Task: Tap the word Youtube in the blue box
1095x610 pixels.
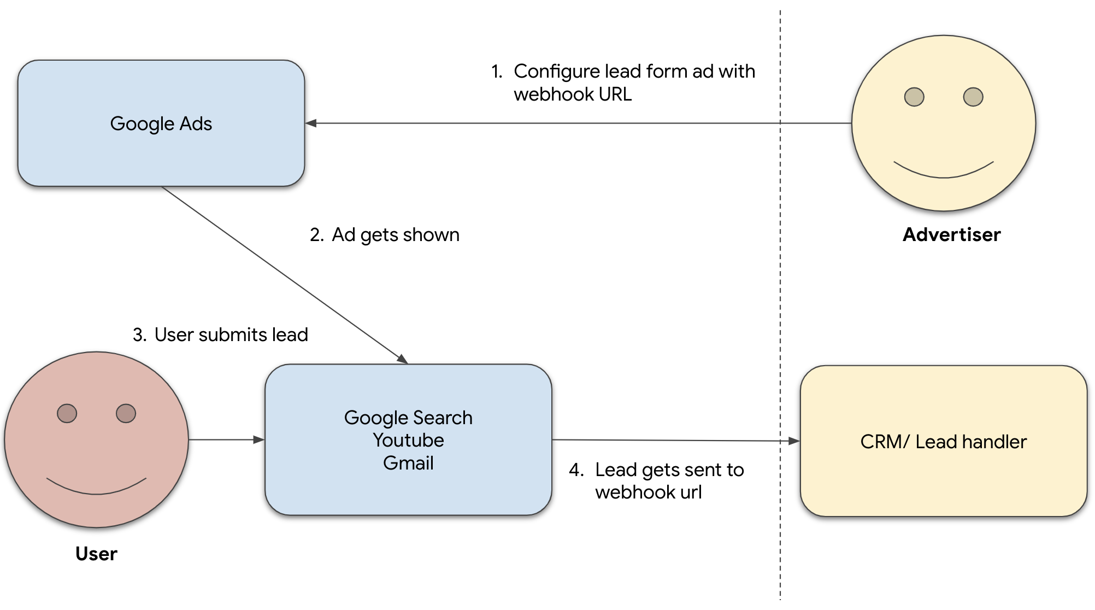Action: pos(408,440)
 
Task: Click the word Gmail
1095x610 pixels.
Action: pos(408,463)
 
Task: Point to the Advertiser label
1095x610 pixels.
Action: pos(951,234)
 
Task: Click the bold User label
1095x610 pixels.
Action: pos(96,554)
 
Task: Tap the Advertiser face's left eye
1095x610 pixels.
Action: pos(914,97)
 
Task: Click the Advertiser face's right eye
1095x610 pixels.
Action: pos(973,97)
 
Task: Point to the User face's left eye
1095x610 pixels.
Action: pos(67,413)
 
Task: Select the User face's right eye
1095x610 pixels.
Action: pos(126,413)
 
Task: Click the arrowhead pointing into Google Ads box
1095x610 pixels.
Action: pos(311,124)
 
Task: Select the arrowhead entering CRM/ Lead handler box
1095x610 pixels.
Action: pos(794,441)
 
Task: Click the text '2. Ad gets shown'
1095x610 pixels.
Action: pos(385,234)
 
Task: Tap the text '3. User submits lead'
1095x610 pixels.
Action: pos(220,335)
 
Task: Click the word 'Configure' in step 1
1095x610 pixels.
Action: pos(556,72)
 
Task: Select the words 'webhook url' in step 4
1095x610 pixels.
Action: pos(648,492)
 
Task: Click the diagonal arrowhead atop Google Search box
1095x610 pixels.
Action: pos(403,359)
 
